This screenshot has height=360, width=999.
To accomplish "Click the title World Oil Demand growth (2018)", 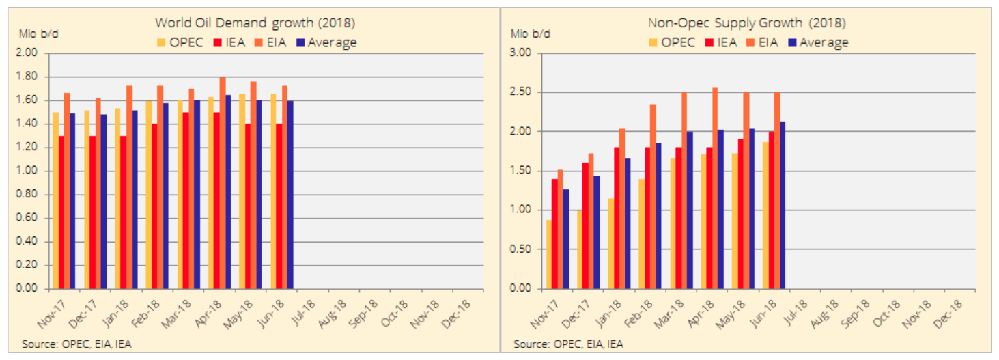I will [254, 23].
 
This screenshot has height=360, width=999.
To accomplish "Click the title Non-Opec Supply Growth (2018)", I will [746, 23].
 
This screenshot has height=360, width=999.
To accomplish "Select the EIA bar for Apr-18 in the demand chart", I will [223, 183].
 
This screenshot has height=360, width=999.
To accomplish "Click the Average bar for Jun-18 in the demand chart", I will [290, 195].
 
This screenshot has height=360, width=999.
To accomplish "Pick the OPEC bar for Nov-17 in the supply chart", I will [549, 254].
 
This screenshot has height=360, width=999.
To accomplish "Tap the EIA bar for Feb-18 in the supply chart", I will [652, 196].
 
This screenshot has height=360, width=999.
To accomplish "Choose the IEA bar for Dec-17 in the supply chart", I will [586, 225].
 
